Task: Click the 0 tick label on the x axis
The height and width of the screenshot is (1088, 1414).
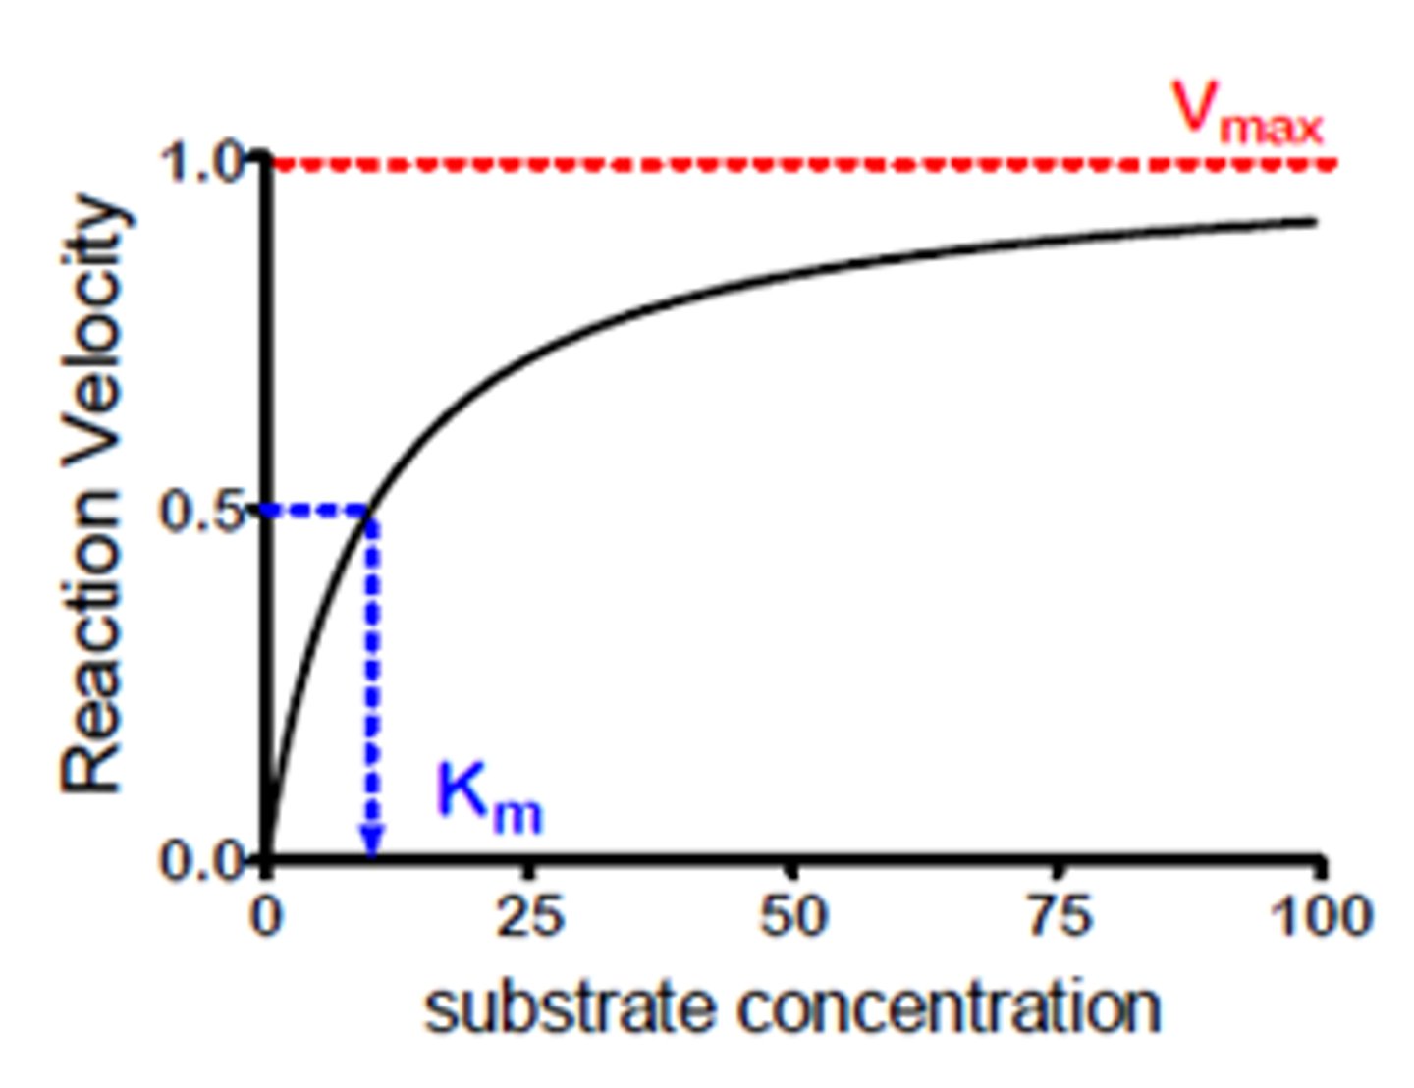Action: coord(266,915)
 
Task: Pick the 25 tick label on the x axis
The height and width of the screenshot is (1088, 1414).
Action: coord(529,915)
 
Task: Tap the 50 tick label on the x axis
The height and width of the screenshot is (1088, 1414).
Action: coord(792,915)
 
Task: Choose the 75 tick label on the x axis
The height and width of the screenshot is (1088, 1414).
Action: coord(1057,915)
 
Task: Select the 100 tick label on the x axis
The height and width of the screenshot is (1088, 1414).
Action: coord(1319,915)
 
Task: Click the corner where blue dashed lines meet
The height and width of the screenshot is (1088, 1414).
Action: coord(371,512)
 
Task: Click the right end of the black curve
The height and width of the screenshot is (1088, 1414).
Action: coord(1314,222)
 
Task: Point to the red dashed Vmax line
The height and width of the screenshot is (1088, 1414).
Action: coord(786,164)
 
